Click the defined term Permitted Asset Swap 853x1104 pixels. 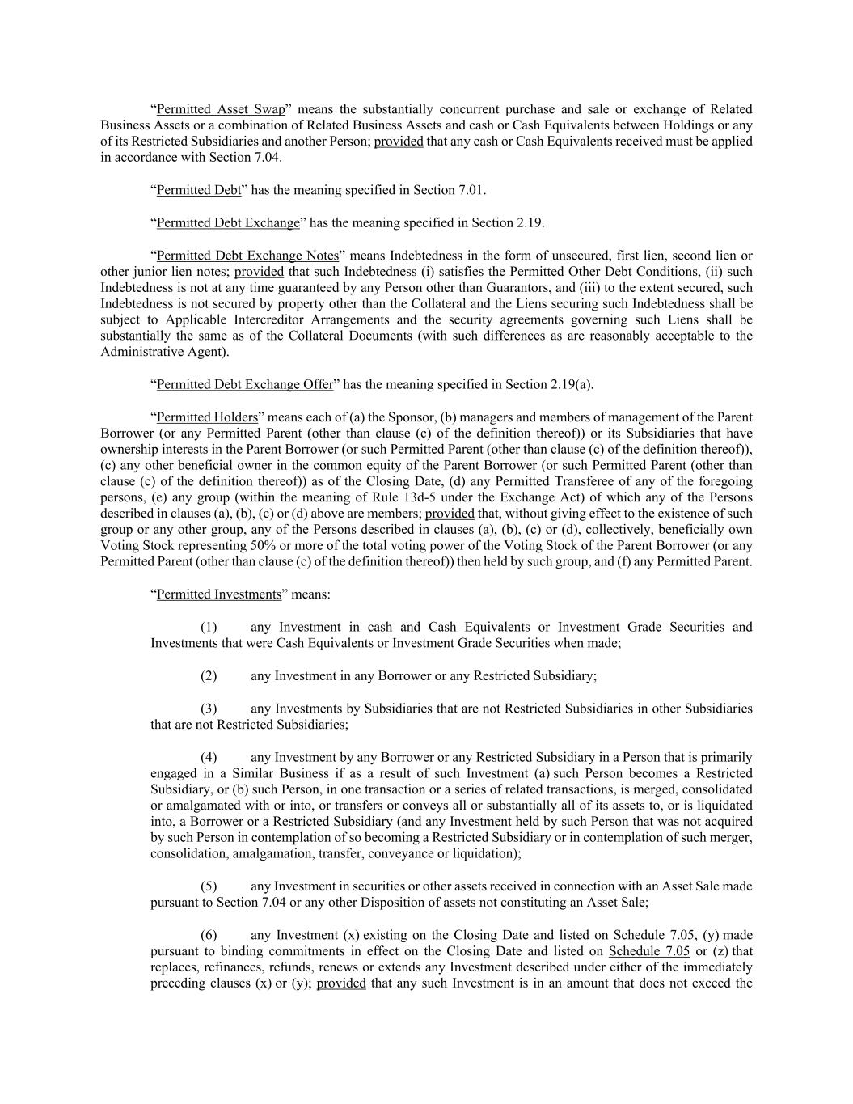coord(221,109)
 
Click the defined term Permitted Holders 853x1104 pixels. coord(206,417)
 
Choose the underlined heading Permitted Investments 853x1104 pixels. coord(218,594)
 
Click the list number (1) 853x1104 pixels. coord(209,628)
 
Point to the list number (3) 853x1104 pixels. coord(209,709)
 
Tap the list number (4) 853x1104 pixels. coord(209,758)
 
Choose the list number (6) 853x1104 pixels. coord(209,935)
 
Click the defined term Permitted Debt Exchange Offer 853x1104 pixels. coord(244,384)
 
